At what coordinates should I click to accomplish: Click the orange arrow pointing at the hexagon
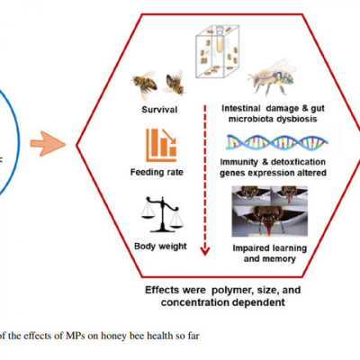pos(48,144)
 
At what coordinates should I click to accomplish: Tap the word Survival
pos(159,110)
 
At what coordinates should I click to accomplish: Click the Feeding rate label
pos(157,172)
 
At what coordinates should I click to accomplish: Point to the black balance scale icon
pos(162,214)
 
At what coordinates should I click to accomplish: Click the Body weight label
pos(160,247)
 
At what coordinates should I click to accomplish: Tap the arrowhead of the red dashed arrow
pos(205,250)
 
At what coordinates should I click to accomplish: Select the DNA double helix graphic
pos(277,142)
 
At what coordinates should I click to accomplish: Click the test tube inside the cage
pos(220,40)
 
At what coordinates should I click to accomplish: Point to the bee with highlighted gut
pos(272,76)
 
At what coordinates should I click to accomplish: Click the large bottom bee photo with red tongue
pos(270,221)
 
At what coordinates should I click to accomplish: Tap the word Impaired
pos(252,248)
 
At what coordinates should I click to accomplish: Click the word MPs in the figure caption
pos(75,336)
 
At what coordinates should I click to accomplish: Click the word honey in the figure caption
pos(113,337)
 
